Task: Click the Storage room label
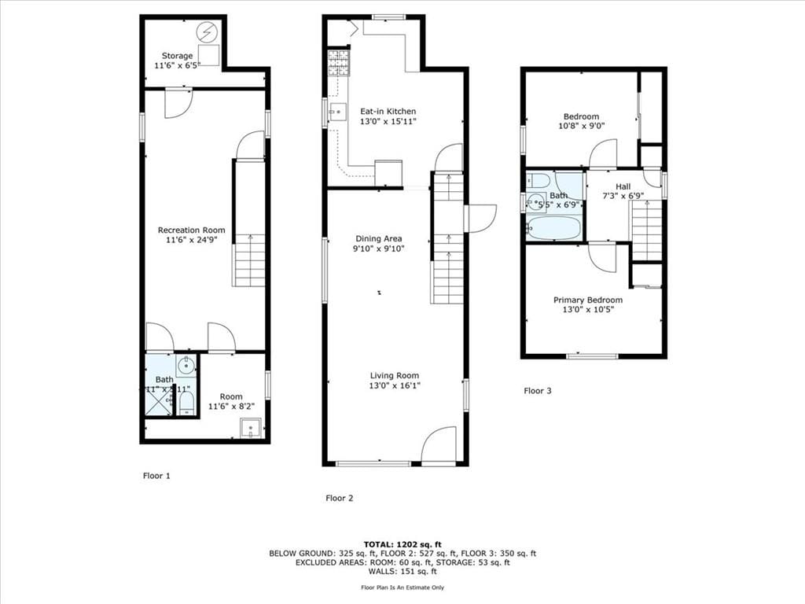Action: click(177, 56)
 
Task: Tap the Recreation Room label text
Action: click(191, 230)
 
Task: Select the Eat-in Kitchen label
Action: click(388, 112)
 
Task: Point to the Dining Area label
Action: click(379, 238)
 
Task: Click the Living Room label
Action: click(394, 376)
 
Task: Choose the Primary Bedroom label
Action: click(588, 300)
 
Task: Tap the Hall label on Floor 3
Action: click(623, 186)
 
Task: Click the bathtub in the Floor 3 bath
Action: click(553, 228)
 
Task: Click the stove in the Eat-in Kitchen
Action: click(338, 61)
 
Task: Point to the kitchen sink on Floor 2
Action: click(337, 112)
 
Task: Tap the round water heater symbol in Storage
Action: click(208, 32)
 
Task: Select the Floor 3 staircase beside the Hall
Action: click(647, 229)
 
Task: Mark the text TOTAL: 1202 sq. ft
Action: click(402, 544)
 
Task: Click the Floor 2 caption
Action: click(340, 498)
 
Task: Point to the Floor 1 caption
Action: click(156, 476)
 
